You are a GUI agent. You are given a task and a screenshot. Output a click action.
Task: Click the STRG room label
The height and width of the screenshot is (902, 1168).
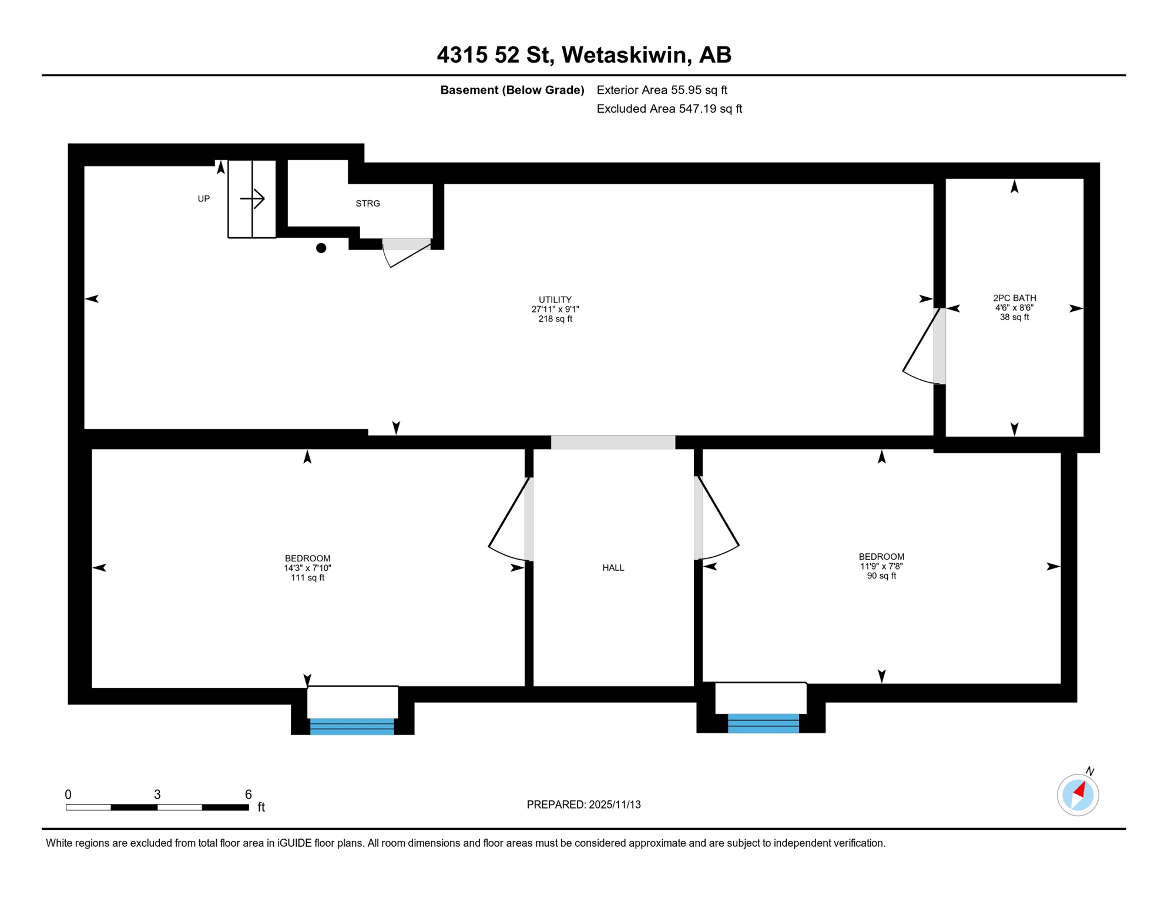[368, 204]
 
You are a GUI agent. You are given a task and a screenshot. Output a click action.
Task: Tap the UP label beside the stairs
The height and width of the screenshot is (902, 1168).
[203, 199]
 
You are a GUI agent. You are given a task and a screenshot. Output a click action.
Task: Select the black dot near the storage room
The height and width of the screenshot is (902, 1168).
[321, 248]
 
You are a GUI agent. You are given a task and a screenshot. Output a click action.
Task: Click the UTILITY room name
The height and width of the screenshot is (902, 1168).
[555, 299]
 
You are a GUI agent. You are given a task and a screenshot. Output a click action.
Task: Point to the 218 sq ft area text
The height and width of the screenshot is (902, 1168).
[555, 319]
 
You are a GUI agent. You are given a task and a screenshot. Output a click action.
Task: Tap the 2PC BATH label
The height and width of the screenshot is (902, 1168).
[1015, 298]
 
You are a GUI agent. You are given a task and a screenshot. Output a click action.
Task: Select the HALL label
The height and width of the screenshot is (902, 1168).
[613, 568]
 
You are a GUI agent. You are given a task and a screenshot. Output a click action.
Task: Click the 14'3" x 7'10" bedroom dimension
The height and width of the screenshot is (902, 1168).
[308, 568]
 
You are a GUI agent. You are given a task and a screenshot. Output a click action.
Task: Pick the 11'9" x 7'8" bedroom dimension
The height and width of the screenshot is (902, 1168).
[881, 566]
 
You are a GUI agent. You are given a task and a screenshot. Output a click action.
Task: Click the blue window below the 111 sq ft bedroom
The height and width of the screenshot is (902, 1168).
[352, 726]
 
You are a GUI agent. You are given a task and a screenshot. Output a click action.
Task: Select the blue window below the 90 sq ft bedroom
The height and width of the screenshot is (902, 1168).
[763, 723]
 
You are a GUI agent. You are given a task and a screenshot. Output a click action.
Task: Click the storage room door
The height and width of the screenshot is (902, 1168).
[407, 251]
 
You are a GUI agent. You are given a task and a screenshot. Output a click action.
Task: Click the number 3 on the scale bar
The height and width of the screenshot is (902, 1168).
[157, 795]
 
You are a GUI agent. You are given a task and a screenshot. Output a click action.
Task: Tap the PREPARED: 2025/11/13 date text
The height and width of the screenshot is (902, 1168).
[583, 805]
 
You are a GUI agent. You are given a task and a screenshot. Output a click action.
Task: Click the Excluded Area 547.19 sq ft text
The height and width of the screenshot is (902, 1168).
[669, 109]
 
